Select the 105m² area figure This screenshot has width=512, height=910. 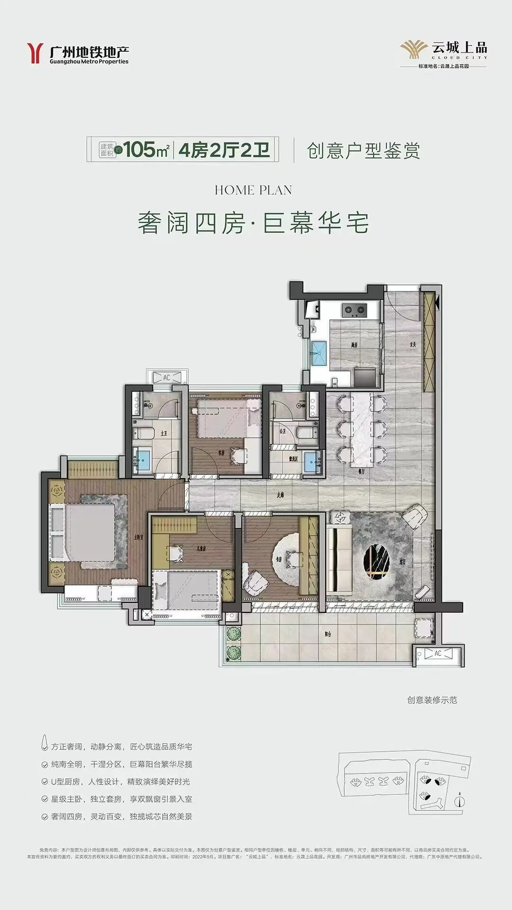(147, 150)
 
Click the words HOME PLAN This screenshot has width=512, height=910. (253, 191)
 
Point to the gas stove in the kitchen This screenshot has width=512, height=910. (354, 310)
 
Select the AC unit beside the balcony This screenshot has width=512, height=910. (438, 654)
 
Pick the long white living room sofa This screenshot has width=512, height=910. (338, 559)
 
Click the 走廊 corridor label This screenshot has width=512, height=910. (280, 495)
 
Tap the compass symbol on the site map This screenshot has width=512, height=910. (459, 801)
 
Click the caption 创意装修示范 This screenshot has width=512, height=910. (431, 700)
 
